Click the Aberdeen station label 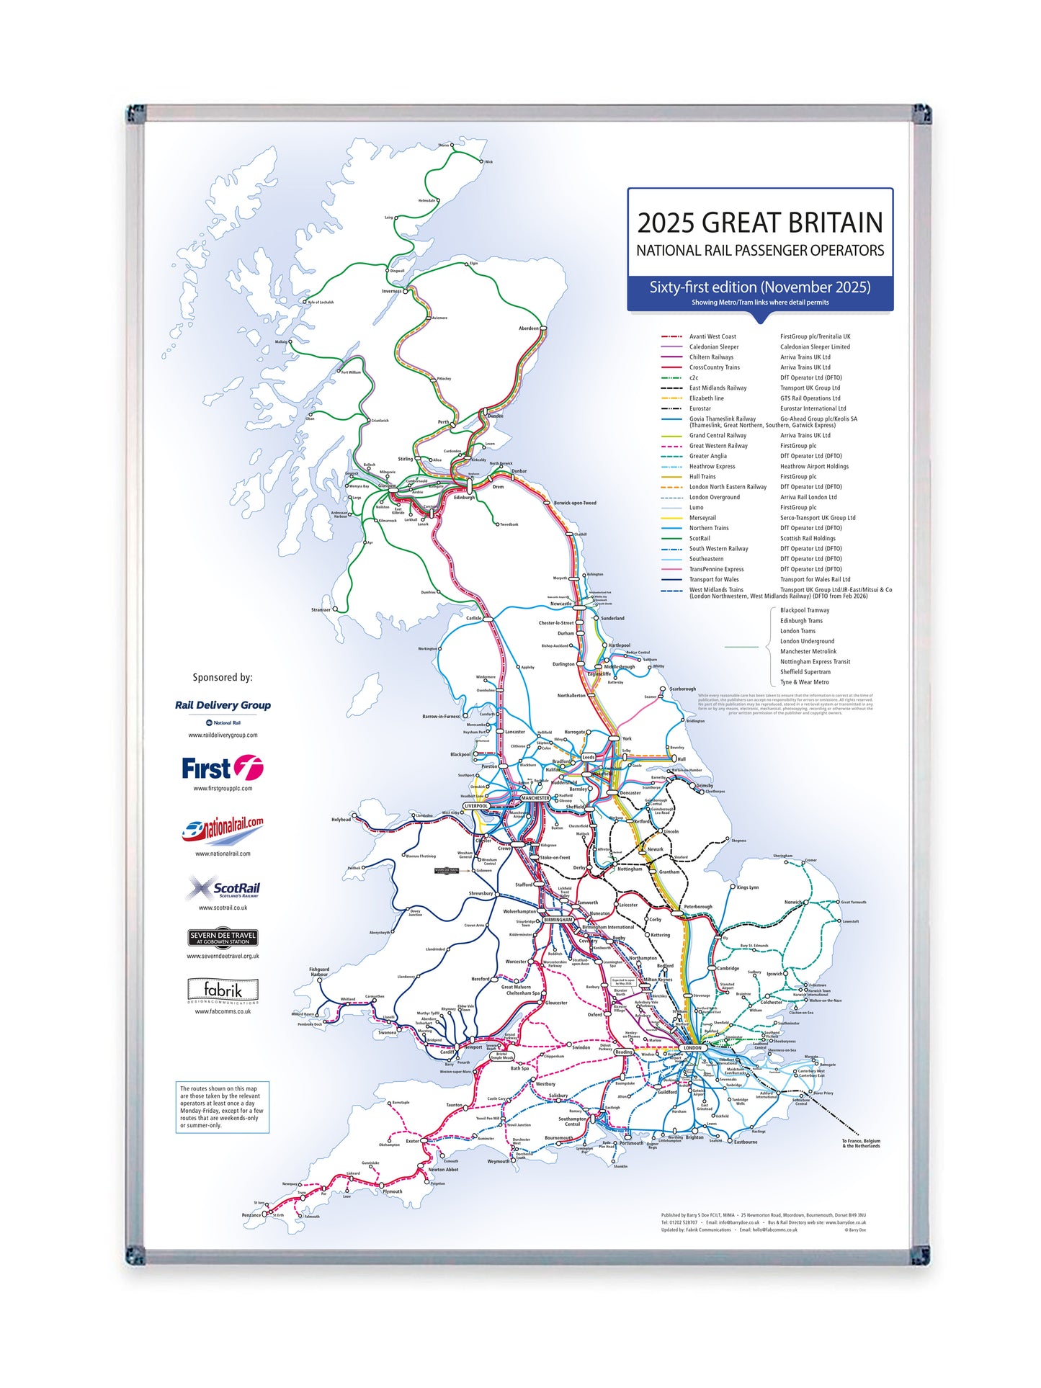[x=528, y=328]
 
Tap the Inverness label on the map [x=391, y=292]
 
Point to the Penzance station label [x=251, y=1215]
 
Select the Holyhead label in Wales [x=341, y=820]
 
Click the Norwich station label [x=792, y=903]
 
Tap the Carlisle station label [x=473, y=618]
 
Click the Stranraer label [x=321, y=610]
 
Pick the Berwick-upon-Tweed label [x=575, y=503]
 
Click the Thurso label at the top [x=443, y=145]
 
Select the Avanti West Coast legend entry [x=712, y=336]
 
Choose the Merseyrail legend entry [x=702, y=518]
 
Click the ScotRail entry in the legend [x=700, y=538]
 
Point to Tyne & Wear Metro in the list [x=804, y=682]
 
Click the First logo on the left [x=222, y=769]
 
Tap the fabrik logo [x=223, y=991]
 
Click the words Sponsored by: [x=223, y=677]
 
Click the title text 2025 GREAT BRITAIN [x=759, y=223]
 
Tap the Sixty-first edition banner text [x=759, y=287]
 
